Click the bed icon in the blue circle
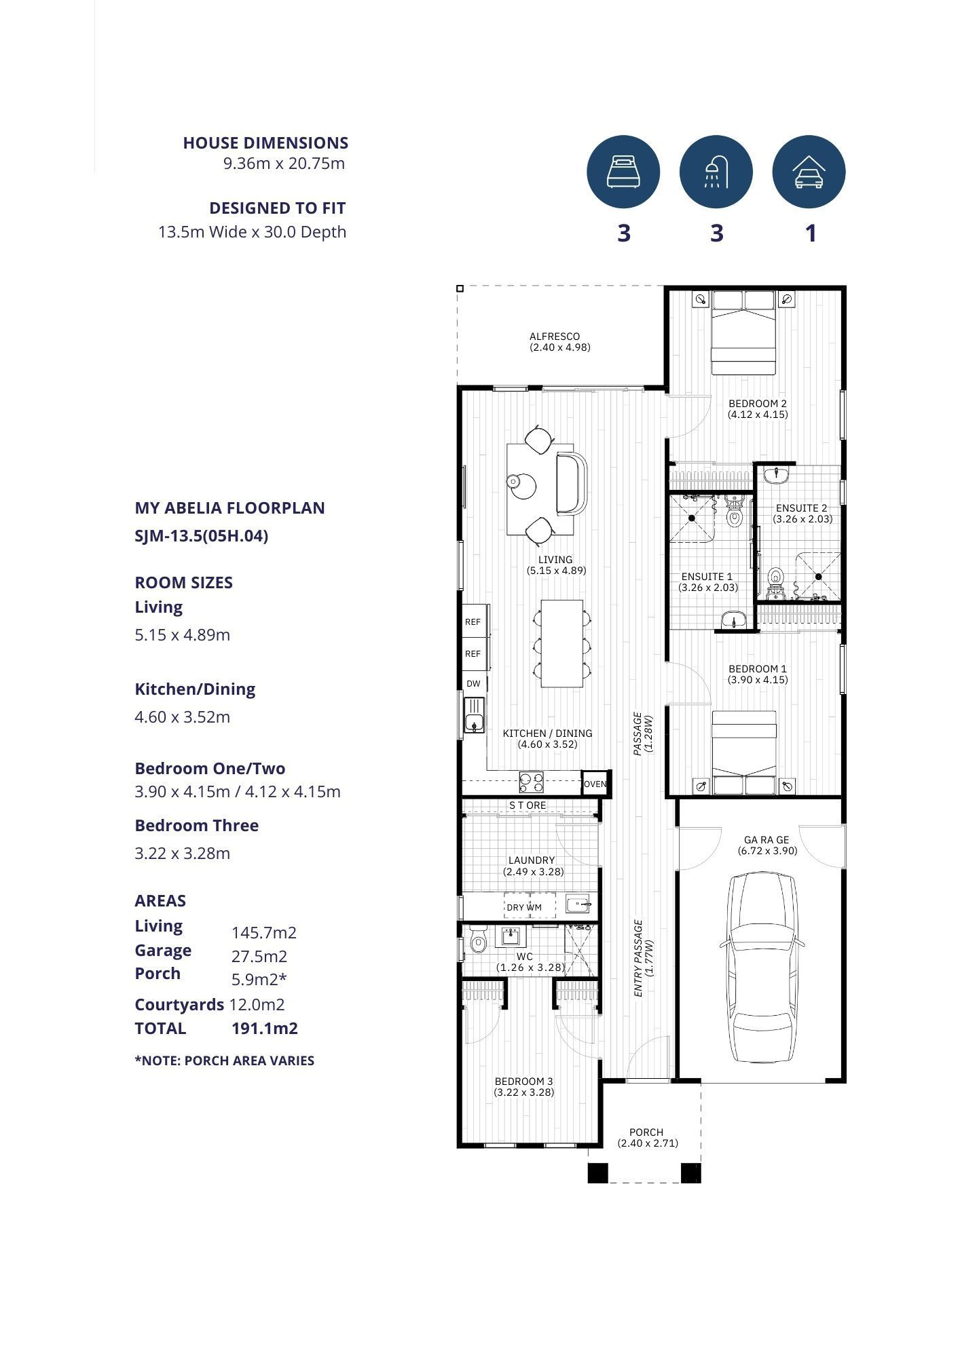623,171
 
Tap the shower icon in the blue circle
716,171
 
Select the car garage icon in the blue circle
809,171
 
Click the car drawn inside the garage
762,968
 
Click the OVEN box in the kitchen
595,784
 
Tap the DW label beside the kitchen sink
473,683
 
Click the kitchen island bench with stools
562,643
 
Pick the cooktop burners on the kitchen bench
531,782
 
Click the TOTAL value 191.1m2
265,1029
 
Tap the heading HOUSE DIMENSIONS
265,143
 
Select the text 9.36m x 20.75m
284,164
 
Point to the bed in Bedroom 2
743,332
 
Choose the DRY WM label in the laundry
523,907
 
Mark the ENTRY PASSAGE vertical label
642,958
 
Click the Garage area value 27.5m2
259,957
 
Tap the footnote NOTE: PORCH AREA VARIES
225,1060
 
